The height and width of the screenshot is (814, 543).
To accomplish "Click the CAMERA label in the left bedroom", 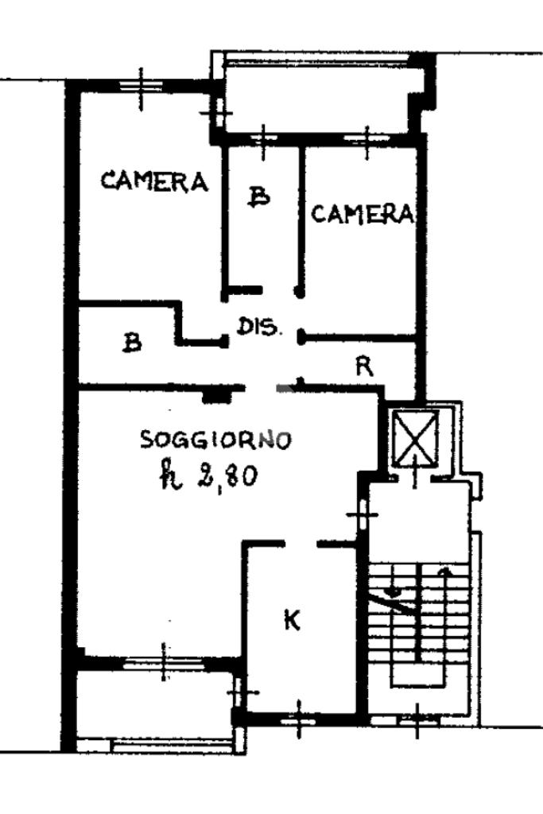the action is click(x=154, y=182).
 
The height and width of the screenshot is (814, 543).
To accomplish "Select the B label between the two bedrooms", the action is click(x=258, y=196).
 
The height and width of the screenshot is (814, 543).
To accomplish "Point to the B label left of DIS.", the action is click(x=133, y=343).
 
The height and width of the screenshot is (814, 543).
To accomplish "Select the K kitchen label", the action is click(x=293, y=621).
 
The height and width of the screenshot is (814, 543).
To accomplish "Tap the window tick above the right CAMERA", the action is click(x=367, y=138).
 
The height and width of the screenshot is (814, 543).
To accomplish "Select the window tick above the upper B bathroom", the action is click(x=262, y=139).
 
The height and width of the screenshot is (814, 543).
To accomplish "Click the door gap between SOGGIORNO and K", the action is click(x=300, y=544).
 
